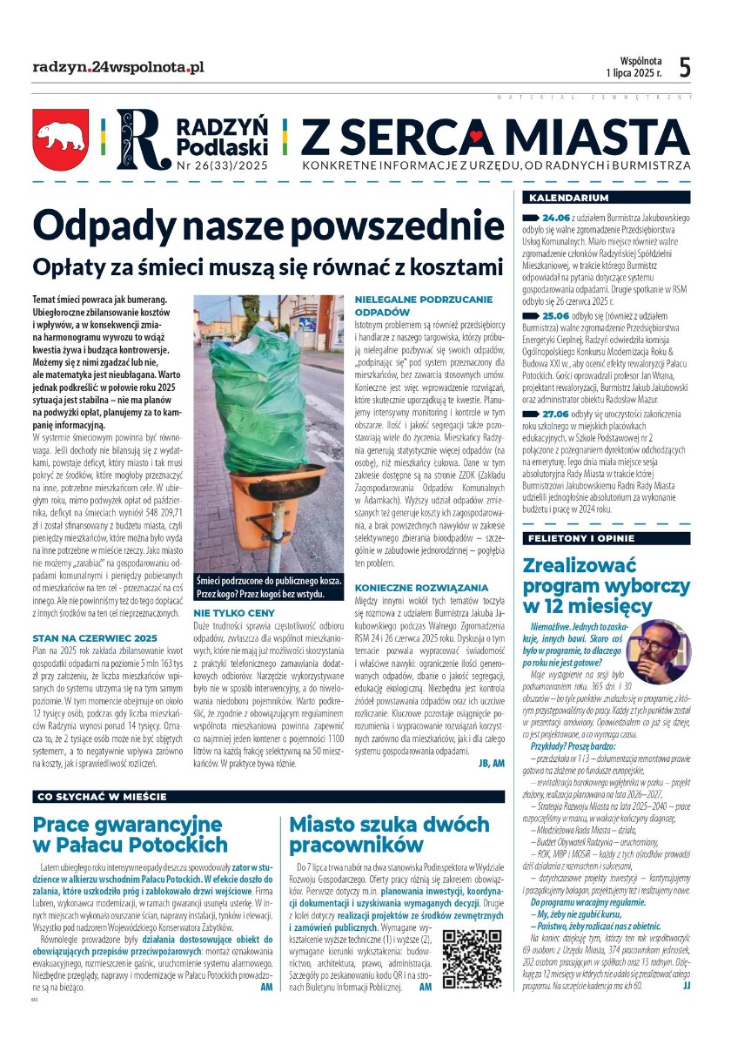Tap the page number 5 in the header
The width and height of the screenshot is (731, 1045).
685,67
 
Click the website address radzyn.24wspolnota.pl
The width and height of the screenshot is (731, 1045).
118,66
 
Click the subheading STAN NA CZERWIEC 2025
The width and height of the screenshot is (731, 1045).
94,637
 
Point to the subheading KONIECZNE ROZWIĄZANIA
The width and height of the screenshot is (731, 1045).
421,588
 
